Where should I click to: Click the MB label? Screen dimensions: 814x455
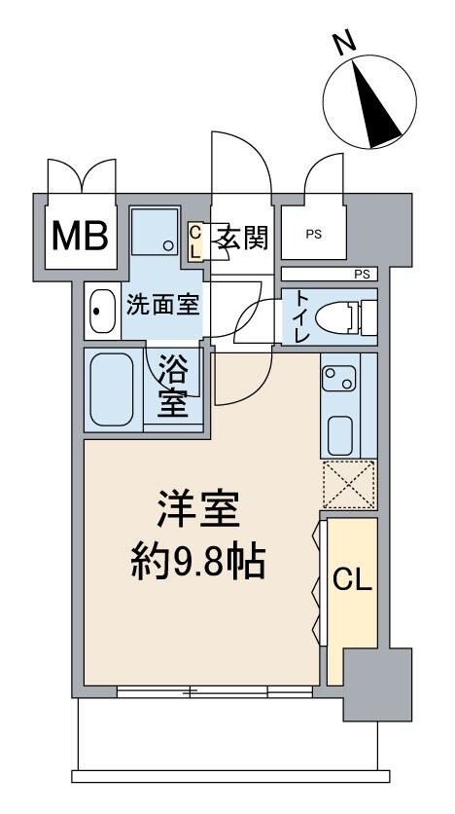pos(82,236)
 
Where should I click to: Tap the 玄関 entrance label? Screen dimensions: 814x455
pos(241,236)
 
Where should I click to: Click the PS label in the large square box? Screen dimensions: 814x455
pos(313,235)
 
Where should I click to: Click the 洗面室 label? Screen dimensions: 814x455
pos(162,304)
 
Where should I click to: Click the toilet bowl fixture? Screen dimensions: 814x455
pos(345,316)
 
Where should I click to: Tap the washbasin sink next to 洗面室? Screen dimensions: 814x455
pos(101,312)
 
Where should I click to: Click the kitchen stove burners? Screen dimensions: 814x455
pos(340,375)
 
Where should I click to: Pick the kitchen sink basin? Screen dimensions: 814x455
pos(340,433)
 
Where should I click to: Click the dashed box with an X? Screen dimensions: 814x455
pos(348,484)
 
